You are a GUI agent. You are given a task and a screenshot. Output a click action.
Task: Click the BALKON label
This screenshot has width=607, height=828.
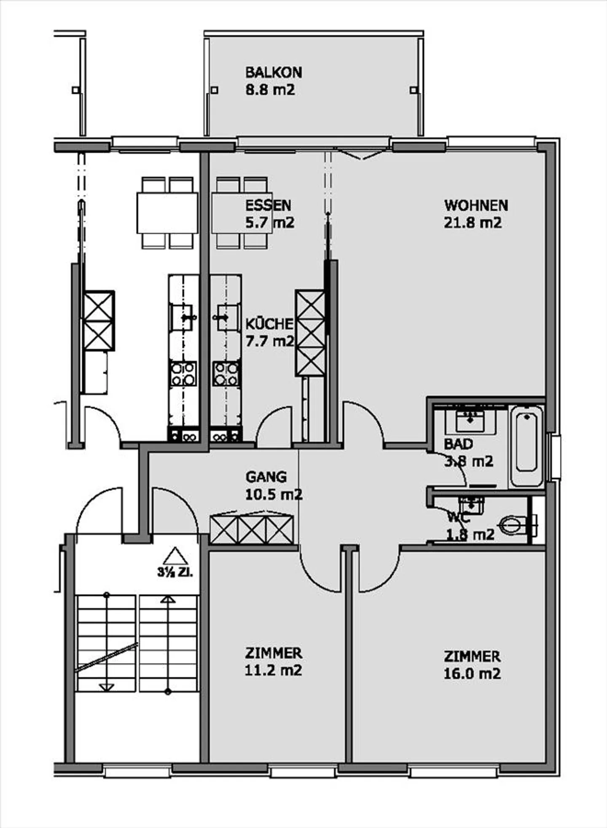pyautogui.click(x=274, y=73)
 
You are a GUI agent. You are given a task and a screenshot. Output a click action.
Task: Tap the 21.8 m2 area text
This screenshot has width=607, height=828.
pyautogui.click(x=473, y=223)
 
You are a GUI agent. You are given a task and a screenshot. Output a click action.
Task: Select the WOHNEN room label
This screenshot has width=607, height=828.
pyautogui.click(x=476, y=205)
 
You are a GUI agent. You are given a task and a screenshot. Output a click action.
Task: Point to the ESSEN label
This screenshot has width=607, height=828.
pyautogui.click(x=268, y=205)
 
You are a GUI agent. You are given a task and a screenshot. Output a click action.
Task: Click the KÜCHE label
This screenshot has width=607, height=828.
pyautogui.click(x=269, y=324)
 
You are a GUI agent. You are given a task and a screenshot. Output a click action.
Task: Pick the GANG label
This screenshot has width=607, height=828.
pyautogui.click(x=266, y=477)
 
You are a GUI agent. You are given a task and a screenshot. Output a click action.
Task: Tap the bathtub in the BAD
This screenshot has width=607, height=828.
pyautogui.click(x=526, y=446)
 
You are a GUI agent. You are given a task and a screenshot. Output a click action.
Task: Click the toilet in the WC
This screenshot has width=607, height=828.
pyautogui.click(x=518, y=526)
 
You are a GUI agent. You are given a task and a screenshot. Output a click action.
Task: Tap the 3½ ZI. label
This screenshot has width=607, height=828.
pyautogui.click(x=175, y=573)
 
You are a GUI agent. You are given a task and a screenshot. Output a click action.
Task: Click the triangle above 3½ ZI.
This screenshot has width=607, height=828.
pyautogui.click(x=175, y=556)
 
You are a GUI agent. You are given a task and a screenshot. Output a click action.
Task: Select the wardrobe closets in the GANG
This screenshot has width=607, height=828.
pyautogui.click(x=252, y=530)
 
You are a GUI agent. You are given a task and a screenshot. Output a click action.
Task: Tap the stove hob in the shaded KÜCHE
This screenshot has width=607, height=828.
pyautogui.click(x=226, y=374)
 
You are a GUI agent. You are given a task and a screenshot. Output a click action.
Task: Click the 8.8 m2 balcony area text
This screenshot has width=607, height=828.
pyautogui.click(x=270, y=90)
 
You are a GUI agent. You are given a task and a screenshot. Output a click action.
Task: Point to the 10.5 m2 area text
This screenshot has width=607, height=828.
pyautogui.click(x=274, y=494)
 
